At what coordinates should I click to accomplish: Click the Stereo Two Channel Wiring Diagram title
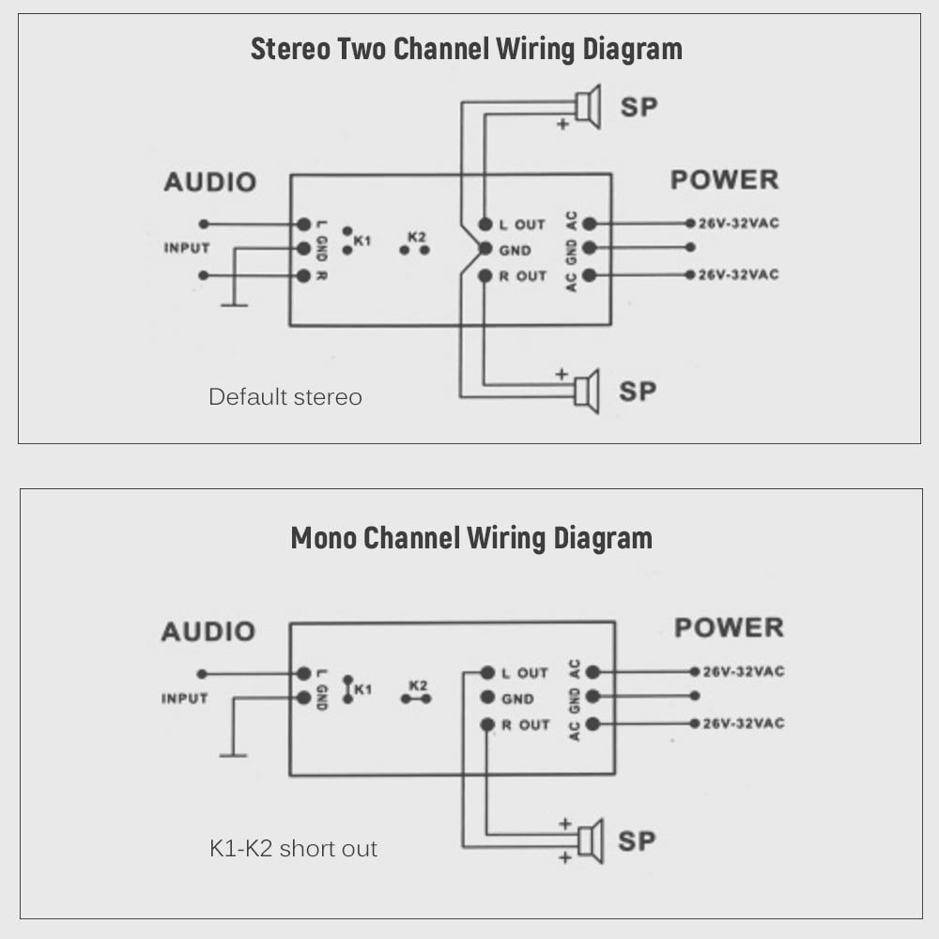coord(466,49)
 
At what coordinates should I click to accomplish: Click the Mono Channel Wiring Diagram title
coord(471,538)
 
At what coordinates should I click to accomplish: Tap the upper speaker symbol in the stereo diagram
coord(589,106)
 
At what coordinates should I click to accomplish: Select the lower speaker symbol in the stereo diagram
coord(588,392)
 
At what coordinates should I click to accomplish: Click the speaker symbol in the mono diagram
coord(591,840)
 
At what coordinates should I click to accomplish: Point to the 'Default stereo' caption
coord(285,397)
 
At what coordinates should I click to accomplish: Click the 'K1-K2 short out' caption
coord(293,849)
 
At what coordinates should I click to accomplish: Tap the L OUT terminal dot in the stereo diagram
coord(485,224)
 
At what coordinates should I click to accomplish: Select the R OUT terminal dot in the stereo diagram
coord(485,276)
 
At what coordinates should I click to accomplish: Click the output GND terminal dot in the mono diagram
coord(487,698)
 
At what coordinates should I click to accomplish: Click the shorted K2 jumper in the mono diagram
coord(416,699)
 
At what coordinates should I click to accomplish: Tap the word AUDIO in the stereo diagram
coord(209,182)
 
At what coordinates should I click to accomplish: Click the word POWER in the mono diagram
coord(729,627)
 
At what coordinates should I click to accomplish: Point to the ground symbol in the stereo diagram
coord(234,304)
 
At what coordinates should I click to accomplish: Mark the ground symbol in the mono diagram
coord(233,754)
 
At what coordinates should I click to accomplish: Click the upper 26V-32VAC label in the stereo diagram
coord(738,223)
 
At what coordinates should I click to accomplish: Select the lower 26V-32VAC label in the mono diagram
coord(744,723)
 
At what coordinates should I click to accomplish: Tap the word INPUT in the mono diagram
coord(184,699)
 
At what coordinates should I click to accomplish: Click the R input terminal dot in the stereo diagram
coord(303,276)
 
